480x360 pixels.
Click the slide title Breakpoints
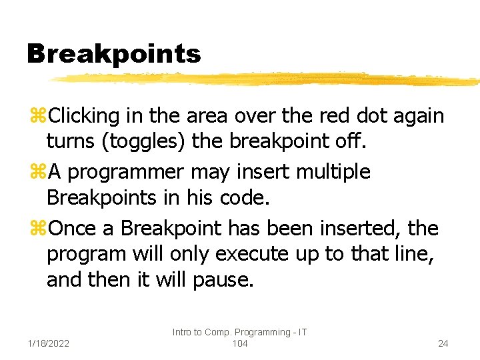tap(113, 54)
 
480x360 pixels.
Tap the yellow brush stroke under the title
tap(267, 79)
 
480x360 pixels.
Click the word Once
tap(73, 228)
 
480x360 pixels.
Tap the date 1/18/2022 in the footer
tap(50, 343)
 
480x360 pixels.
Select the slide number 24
tap(443, 343)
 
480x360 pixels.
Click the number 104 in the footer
tap(239, 343)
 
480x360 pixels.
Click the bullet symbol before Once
tap(37, 229)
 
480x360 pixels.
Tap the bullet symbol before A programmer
tap(37, 173)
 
